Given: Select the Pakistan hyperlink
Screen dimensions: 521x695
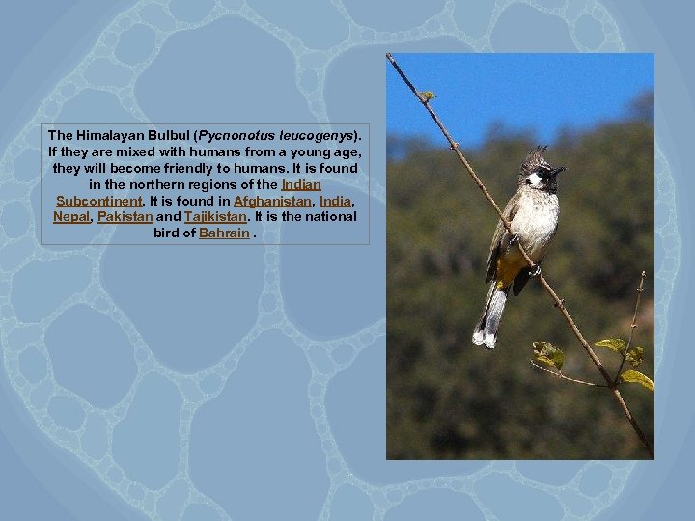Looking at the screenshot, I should tap(125, 217).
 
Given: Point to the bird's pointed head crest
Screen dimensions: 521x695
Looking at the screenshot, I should tap(534, 155).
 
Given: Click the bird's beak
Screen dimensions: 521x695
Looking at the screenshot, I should tap(559, 173).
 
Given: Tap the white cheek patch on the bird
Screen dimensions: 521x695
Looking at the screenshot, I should tap(534, 179).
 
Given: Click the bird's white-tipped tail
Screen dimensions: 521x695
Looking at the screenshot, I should tap(488, 324).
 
